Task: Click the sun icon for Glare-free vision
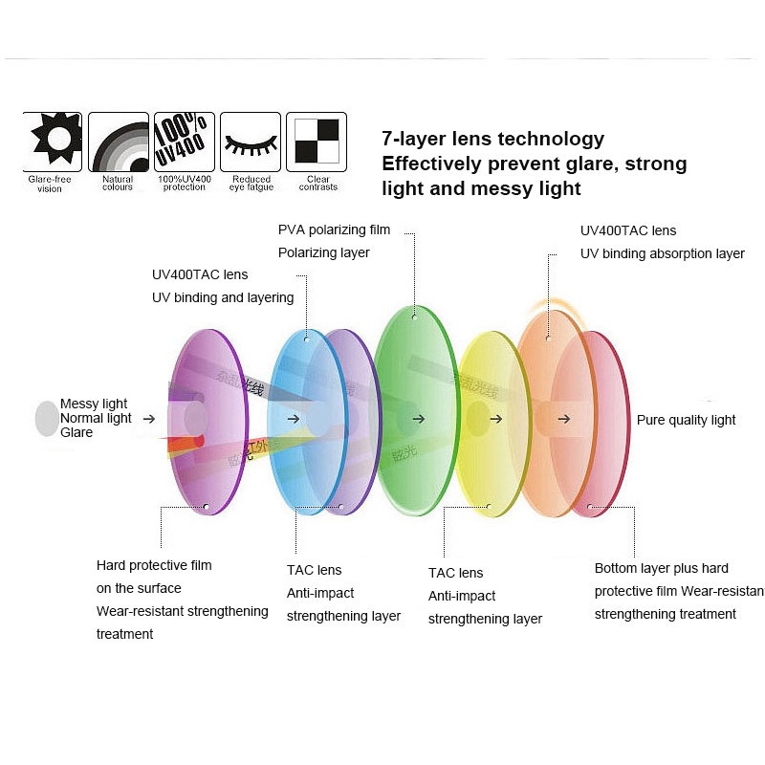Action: coord(52,142)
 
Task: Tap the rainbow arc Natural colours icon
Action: coord(119,142)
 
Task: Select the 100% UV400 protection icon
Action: coord(184,142)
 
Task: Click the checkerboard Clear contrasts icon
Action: coord(317,142)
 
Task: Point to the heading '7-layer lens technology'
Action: coord(492,139)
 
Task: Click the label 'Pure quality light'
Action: coord(686,420)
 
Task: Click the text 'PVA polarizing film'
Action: coord(334,229)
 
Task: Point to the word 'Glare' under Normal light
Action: coord(76,432)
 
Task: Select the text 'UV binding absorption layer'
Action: coord(662,253)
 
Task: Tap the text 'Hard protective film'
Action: coord(154,565)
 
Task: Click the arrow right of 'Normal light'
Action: coord(148,418)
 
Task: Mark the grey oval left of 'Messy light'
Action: coord(46,418)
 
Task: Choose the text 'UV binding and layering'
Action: coord(222,297)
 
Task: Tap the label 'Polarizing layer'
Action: coord(323,252)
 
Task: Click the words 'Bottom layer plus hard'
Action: coord(661,568)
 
